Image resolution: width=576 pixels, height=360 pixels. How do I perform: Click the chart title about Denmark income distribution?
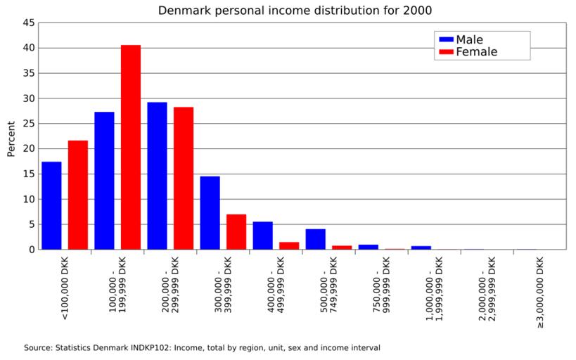295,11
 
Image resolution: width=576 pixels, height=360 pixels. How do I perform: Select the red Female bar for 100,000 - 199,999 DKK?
131,148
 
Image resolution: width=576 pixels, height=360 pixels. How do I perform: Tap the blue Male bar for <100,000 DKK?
51,205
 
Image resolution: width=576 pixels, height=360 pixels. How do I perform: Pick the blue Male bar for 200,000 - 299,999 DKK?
157,176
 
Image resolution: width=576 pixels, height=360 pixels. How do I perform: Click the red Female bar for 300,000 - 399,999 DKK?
236,232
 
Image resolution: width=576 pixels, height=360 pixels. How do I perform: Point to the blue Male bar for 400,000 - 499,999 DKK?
262,236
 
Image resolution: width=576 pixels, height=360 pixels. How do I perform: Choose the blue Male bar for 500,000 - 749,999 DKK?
315,239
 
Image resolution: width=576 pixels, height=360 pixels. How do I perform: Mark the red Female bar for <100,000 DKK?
78,195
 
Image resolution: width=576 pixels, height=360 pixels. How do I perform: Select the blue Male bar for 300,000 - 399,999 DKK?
210,212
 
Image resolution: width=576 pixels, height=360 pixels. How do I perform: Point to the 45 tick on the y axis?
29,23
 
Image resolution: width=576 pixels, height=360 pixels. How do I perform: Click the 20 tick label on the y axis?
29,149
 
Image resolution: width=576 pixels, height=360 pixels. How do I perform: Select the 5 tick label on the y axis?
32,224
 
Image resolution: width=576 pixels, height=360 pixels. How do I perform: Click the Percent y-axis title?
11,139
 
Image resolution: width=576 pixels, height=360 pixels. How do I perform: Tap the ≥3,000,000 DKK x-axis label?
539,292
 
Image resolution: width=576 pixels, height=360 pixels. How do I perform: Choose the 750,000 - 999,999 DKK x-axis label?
382,289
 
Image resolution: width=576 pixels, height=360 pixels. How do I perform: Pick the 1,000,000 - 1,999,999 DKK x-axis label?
435,289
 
